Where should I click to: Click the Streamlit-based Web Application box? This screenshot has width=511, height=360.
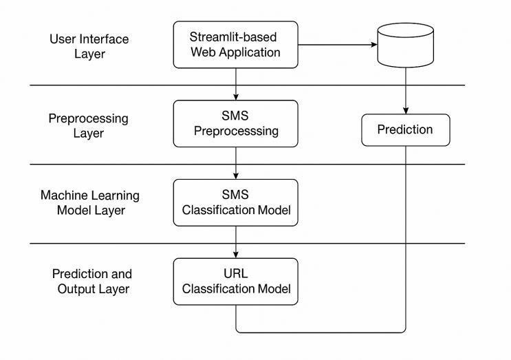pyautogui.click(x=235, y=44)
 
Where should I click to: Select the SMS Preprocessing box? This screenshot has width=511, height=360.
pyautogui.click(x=235, y=123)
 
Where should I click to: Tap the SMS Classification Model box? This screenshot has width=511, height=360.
pyautogui.click(x=235, y=202)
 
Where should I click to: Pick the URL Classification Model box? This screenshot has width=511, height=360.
pyautogui.click(x=235, y=281)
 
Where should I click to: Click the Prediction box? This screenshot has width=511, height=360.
pyautogui.click(x=406, y=129)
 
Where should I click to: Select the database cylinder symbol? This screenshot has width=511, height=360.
pyautogui.click(x=406, y=45)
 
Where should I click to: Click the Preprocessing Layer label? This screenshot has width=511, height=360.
pyautogui.click(x=88, y=125)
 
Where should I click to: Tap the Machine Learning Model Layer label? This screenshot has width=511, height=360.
pyautogui.click(x=89, y=203)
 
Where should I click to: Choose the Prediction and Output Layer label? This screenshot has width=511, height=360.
pyautogui.click(x=92, y=282)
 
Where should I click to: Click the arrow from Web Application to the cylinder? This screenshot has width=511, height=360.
pyautogui.click(x=337, y=45)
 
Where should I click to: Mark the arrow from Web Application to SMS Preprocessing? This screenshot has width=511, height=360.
pyautogui.click(x=236, y=84)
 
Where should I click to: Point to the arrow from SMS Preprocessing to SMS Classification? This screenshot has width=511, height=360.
pyautogui.click(x=236, y=163)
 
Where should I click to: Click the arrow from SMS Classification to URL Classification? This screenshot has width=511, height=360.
pyautogui.click(x=236, y=242)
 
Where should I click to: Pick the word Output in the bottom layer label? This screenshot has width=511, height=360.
pyautogui.click(x=72, y=289)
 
